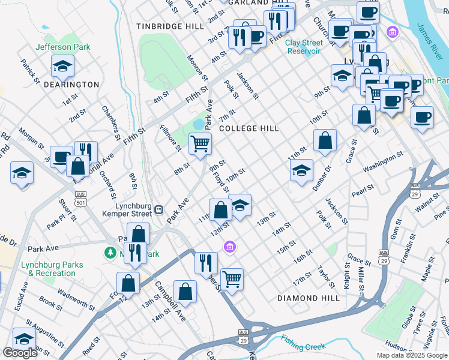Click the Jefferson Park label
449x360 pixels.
point(63,47)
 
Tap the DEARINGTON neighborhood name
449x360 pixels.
point(71,85)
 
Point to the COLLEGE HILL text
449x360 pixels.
point(249,128)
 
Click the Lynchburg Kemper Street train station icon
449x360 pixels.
point(159,209)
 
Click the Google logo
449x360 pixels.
point(20,353)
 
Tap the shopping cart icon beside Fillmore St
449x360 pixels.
point(200,143)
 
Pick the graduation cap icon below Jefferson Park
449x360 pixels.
point(62,67)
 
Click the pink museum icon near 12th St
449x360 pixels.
point(229,246)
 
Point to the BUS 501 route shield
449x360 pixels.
point(80,198)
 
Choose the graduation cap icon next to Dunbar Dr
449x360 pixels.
point(301,170)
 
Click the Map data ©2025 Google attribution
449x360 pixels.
point(412,355)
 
